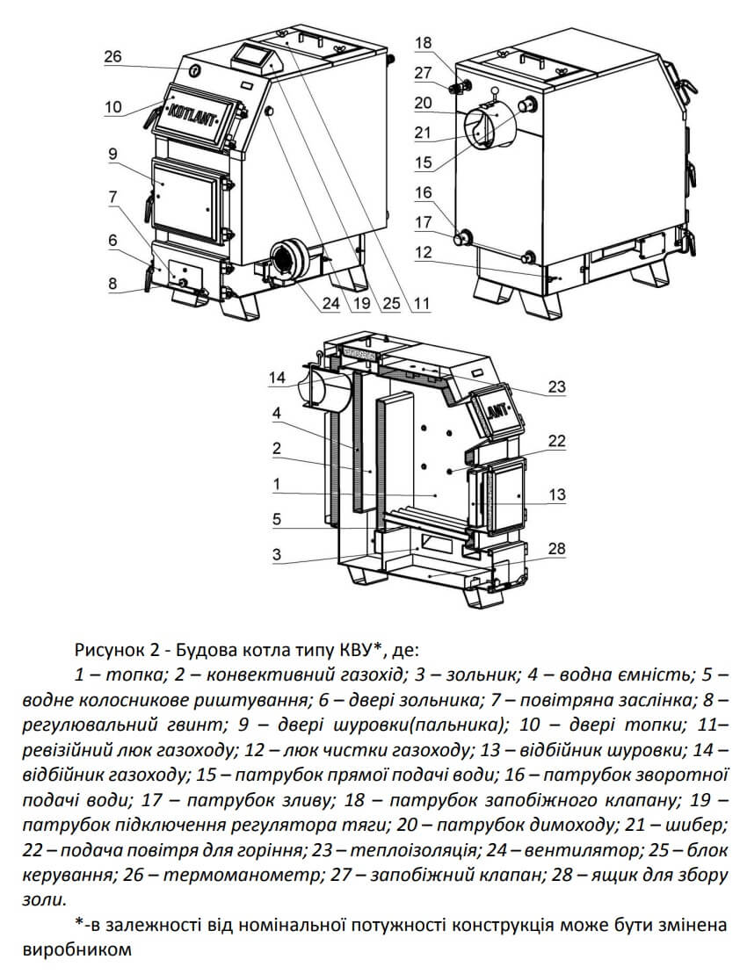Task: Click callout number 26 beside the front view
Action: tap(112, 57)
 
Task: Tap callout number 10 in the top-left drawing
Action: tap(112, 108)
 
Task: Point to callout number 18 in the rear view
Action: tap(424, 42)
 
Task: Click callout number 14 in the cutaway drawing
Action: tap(279, 379)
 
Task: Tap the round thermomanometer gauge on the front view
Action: tap(194, 69)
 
